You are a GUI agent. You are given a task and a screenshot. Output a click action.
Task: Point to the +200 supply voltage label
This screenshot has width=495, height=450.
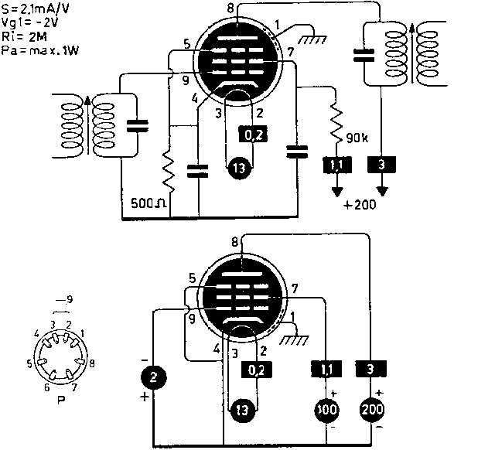click(360, 206)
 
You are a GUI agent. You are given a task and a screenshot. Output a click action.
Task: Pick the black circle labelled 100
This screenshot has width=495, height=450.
click(326, 410)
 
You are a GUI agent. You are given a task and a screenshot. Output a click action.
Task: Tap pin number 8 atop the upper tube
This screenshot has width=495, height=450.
click(230, 7)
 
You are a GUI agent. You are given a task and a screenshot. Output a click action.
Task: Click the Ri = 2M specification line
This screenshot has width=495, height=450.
click(25, 37)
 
